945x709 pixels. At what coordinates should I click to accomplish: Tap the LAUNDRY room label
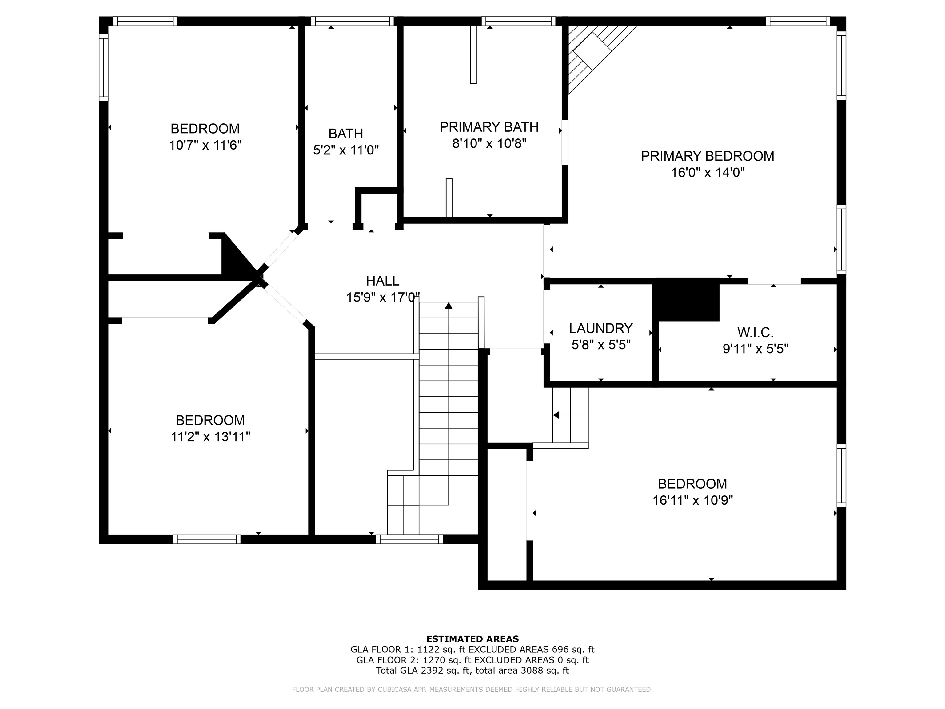pos(601,328)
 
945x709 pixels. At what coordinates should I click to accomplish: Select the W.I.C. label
pos(755,332)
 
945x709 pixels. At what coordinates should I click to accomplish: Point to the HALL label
pos(383,281)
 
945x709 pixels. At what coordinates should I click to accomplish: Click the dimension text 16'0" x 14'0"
pos(708,173)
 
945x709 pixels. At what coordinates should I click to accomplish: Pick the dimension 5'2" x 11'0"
pos(346,150)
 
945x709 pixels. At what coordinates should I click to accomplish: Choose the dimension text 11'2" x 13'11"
pos(211,437)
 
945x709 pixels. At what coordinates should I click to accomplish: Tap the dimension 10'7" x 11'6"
pos(205,145)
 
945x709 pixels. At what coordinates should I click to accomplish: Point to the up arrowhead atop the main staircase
pos(449,306)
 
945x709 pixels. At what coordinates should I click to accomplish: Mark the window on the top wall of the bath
pos(353,21)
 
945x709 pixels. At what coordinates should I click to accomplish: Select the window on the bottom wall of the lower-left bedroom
pos(207,539)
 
